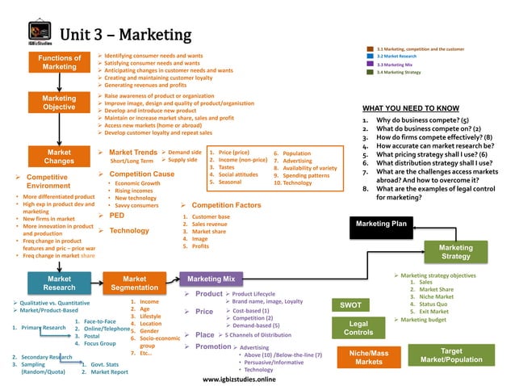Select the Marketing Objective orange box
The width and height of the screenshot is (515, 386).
click(60, 103)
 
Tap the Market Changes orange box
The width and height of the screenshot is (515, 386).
click(60, 157)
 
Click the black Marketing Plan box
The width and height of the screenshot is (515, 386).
click(382, 224)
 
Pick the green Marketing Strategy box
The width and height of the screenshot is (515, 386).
click(456, 252)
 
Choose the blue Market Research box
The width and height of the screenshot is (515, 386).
click(60, 283)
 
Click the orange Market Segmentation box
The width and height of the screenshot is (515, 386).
click(134, 283)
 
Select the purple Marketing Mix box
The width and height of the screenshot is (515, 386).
click(211, 279)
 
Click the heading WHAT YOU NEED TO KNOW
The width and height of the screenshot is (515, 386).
click(411, 108)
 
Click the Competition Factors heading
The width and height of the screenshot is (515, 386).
click(226, 206)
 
